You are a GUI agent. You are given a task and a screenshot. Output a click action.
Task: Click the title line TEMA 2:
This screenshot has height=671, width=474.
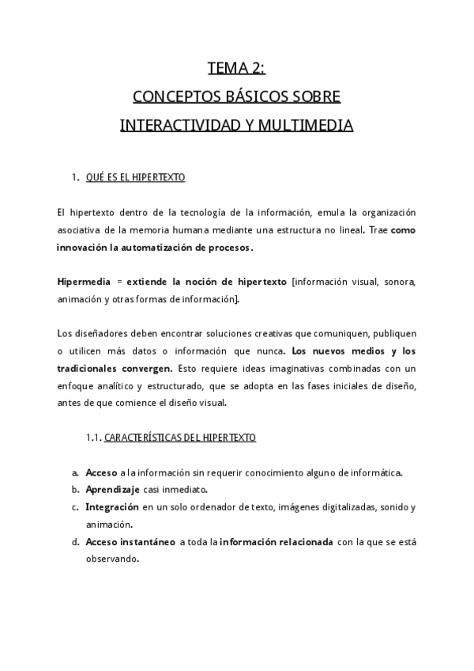click(236, 68)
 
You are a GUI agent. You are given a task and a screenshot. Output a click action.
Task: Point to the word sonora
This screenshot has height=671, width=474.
click(400, 282)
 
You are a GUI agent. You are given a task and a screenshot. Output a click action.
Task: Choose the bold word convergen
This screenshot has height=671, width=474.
click(143, 368)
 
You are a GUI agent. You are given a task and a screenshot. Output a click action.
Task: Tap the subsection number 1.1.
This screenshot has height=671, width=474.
click(93, 438)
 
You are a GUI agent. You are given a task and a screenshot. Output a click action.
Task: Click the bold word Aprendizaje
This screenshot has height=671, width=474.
click(113, 490)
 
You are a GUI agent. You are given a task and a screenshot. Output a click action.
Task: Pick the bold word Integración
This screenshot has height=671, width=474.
click(112, 507)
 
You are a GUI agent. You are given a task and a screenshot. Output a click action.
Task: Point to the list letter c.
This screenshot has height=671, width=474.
click(74, 507)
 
